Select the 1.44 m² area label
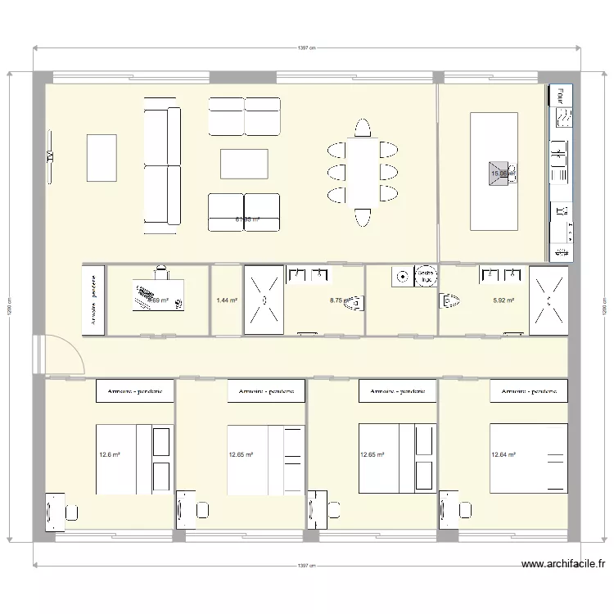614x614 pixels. pyautogui.click(x=227, y=300)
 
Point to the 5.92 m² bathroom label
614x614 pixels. pyautogui.click(x=503, y=300)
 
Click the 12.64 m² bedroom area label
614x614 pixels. pyautogui.click(x=503, y=454)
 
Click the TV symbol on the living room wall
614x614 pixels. pyautogui.click(x=50, y=156)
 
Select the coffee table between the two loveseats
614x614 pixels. pyautogui.click(x=245, y=164)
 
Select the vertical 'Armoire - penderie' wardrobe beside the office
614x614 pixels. pyautogui.click(x=94, y=300)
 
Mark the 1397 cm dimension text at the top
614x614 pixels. pyautogui.click(x=307, y=48)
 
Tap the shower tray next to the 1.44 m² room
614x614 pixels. pyautogui.click(x=264, y=300)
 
